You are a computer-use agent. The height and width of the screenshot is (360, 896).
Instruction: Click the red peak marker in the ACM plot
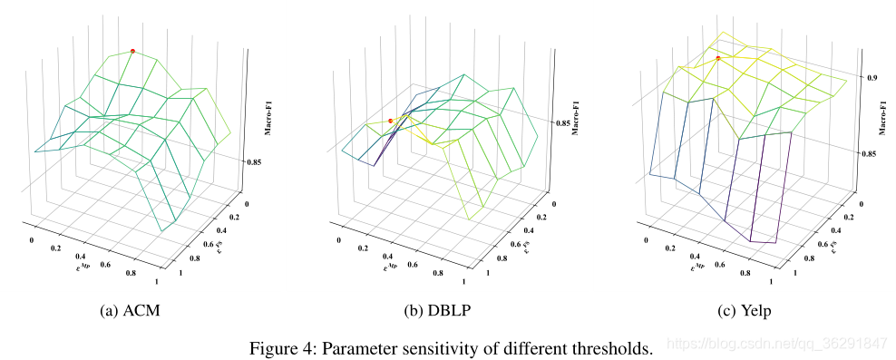coord(132,51)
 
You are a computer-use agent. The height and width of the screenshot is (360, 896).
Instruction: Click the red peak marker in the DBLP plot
coord(391,121)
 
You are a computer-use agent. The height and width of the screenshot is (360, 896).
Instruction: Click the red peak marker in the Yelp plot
coord(717,59)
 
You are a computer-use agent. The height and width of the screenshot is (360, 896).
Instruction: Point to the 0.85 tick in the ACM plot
coord(254,162)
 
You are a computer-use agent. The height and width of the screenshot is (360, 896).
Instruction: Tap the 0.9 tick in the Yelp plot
coord(871,78)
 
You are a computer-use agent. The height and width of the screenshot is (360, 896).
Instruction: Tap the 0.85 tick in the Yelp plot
coord(871,154)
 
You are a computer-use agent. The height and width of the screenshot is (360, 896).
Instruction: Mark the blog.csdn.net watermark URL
coord(775,344)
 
